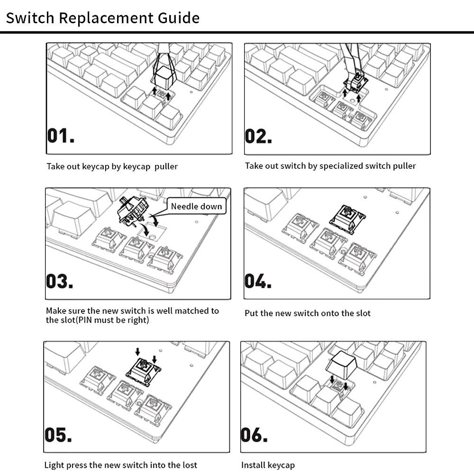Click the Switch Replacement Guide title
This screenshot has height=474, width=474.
(x=102, y=18)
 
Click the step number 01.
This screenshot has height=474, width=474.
(x=61, y=136)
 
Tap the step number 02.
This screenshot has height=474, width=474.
(x=258, y=136)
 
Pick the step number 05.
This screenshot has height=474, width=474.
(x=58, y=435)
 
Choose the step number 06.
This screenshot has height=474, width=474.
(x=255, y=435)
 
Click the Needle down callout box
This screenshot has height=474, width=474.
(x=196, y=206)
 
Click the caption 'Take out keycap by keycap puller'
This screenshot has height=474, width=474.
(x=112, y=166)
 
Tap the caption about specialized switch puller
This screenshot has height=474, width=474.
(x=330, y=166)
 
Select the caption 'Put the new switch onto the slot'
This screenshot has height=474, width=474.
(x=308, y=313)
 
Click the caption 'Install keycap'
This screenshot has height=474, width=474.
(x=268, y=465)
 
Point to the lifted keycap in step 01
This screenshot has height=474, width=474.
(x=163, y=75)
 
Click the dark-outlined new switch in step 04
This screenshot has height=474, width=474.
(x=348, y=219)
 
